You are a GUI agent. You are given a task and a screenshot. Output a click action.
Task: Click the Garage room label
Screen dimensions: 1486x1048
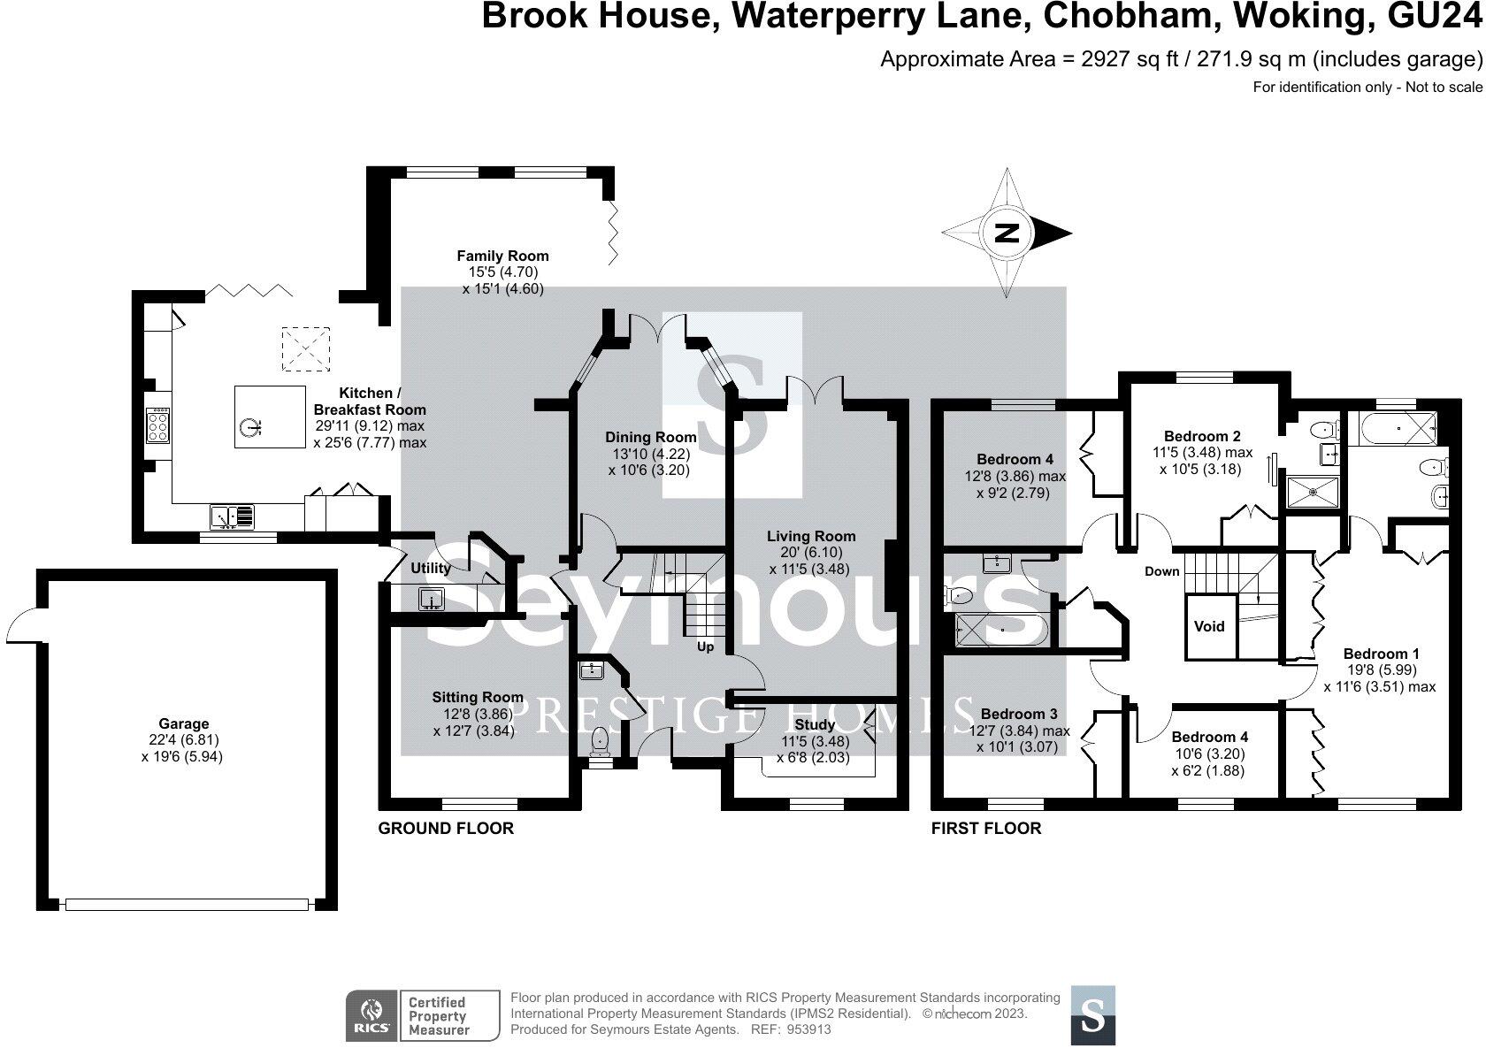(x=184, y=723)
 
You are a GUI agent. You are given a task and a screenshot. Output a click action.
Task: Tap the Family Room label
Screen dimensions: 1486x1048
(x=502, y=256)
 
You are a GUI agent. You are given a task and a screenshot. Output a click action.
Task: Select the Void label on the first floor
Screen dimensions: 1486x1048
(x=1208, y=626)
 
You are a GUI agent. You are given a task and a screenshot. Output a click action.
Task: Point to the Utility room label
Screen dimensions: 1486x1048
(x=431, y=568)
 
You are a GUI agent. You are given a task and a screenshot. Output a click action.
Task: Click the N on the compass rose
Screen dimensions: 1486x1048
(x=1007, y=233)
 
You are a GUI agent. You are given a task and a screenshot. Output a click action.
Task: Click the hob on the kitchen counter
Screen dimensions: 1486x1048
(x=157, y=425)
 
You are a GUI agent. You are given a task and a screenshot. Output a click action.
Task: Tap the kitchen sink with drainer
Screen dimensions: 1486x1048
(x=232, y=516)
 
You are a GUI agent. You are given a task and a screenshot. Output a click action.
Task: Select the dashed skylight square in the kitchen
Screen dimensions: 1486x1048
(x=306, y=348)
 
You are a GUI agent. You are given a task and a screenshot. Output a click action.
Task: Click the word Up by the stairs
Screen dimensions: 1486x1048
(x=705, y=646)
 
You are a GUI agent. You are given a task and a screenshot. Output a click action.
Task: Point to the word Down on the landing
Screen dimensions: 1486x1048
(x=1161, y=571)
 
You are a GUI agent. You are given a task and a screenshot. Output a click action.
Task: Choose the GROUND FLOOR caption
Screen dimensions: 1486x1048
(x=446, y=829)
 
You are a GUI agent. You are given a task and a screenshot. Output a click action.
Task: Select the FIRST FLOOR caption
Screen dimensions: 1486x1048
(x=986, y=829)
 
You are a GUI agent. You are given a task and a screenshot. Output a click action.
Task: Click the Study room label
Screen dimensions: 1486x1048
(x=814, y=724)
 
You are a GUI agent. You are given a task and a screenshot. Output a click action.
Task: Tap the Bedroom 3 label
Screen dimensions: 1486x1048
(x=1019, y=714)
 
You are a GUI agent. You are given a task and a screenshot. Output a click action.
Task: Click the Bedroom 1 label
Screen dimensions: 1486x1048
(x=1382, y=654)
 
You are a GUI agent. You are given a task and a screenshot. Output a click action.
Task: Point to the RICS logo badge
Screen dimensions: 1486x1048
(x=371, y=1016)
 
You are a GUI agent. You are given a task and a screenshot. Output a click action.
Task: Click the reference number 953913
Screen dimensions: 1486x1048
(x=808, y=1029)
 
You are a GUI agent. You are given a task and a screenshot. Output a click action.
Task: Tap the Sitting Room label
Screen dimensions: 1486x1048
(x=478, y=697)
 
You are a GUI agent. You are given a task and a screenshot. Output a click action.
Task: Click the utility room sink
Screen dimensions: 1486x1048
(x=432, y=599)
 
